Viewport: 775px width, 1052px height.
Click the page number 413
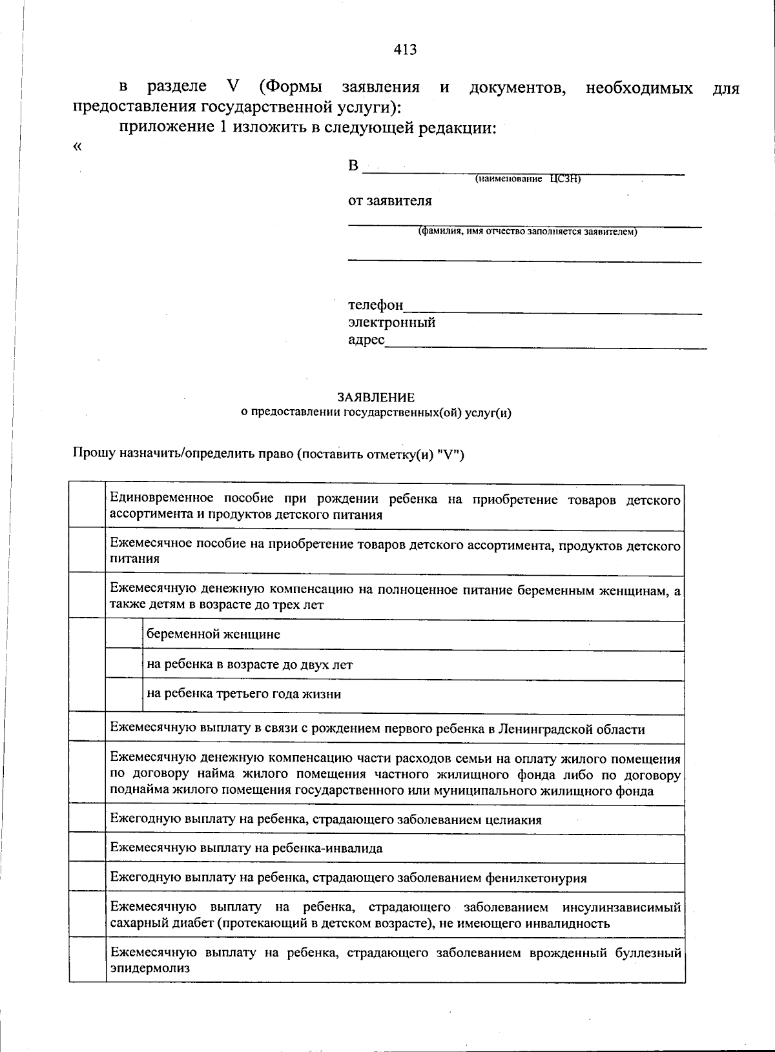coord(405,50)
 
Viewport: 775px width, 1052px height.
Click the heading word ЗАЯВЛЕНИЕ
coord(375,398)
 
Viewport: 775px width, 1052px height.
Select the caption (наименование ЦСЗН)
coord(528,179)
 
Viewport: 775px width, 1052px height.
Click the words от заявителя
coord(390,201)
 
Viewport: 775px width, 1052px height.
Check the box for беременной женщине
coord(124,635)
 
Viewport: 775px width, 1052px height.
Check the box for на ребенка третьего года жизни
coord(124,695)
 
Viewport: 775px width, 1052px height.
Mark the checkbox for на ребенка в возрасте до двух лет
coord(124,665)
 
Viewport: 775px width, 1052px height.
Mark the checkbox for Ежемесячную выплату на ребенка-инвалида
coord(88,848)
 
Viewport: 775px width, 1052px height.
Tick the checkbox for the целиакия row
coord(88,820)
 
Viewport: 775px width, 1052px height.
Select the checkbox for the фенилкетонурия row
coord(88,877)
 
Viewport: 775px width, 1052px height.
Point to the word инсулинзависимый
coord(621,907)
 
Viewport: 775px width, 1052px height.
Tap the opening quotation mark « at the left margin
coord(77,147)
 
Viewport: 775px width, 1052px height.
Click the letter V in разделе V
coord(233,87)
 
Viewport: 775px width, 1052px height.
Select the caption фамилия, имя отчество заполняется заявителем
coord(528,232)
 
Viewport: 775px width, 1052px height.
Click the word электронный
coord(391,322)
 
